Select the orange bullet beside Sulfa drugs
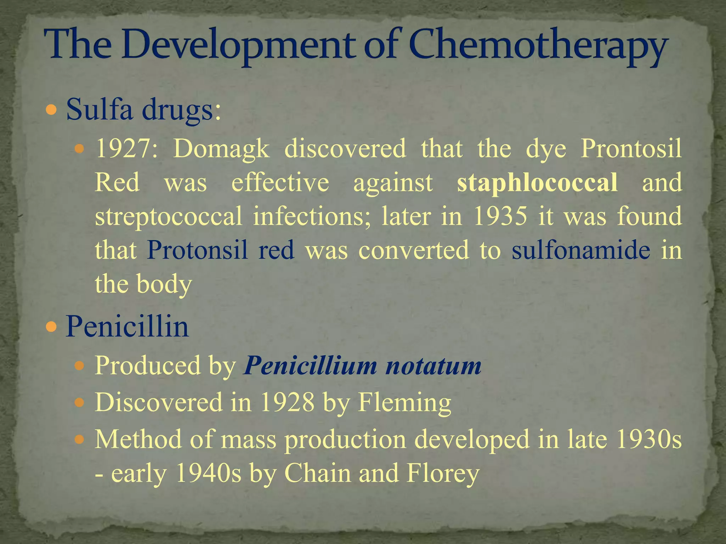coord(51,110)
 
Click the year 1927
coord(126,149)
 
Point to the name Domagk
coord(221,149)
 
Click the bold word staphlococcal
coord(537,183)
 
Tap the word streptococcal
coord(168,216)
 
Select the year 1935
coord(500,216)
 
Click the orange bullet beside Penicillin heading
coord(51,327)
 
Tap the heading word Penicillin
coord(127,327)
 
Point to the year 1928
coord(287,402)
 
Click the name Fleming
coord(404,402)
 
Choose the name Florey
coord(443,473)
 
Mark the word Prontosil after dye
coord(631,149)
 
